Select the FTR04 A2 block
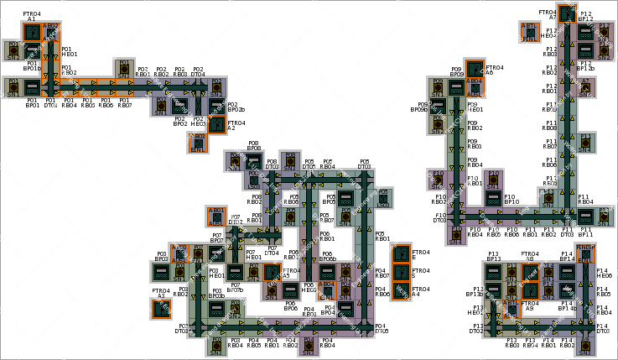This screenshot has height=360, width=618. click(x=216, y=124)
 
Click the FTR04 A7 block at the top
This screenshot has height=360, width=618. click(x=567, y=13)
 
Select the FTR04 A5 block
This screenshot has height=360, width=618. click(x=271, y=272)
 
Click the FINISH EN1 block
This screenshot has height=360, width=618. click(x=585, y=254)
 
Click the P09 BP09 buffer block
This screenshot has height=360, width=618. click(x=456, y=87)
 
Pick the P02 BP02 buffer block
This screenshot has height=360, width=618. click(x=179, y=106)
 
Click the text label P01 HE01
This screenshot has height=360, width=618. click(x=69, y=52)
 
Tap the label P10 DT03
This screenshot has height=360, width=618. click(x=439, y=217)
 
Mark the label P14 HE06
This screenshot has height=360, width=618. click(x=604, y=273)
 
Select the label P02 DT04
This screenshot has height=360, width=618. click(x=198, y=72)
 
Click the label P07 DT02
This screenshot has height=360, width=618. click(x=236, y=219)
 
